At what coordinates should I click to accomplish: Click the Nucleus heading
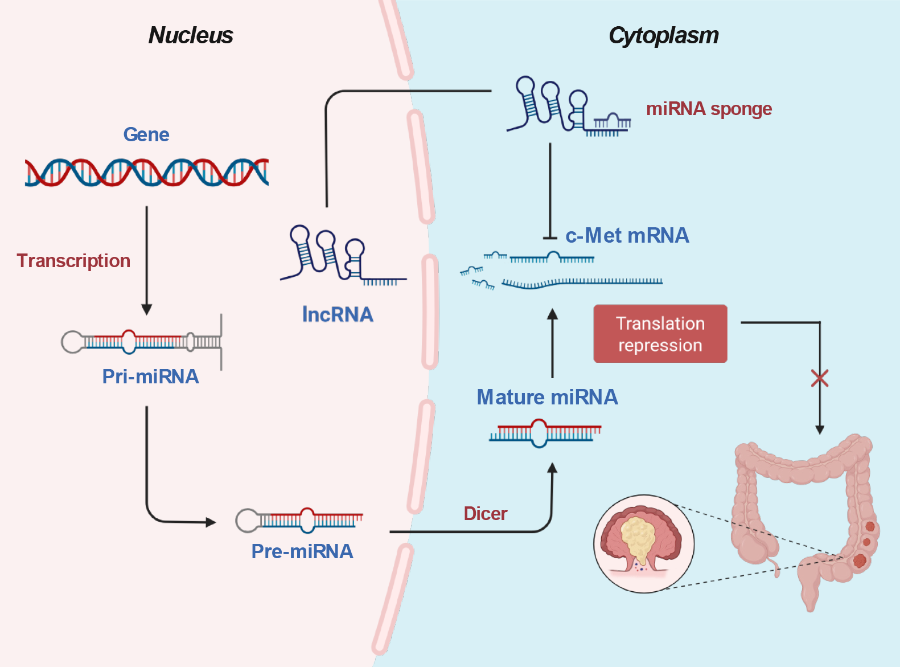tap(191, 35)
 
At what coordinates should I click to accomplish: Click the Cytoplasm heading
tap(663, 35)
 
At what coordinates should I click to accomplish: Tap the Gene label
tap(146, 134)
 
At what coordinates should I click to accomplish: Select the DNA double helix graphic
tap(146, 172)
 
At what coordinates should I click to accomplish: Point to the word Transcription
tap(73, 260)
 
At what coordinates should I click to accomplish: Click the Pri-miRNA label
tap(150, 377)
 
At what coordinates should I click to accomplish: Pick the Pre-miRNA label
tap(302, 551)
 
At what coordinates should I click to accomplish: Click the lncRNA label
tap(338, 314)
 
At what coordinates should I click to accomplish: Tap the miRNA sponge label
tap(709, 108)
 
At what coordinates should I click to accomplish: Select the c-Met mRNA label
tap(627, 235)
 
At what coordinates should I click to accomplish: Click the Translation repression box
tap(660, 334)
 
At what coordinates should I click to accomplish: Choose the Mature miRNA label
tap(547, 397)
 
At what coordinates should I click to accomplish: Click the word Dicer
tap(485, 514)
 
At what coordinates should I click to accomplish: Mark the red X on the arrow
tap(820, 378)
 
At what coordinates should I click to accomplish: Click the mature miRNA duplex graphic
tap(545, 433)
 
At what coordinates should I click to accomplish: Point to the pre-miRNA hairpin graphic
tap(299, 519)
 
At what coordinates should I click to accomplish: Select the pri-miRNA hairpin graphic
tap(141, 342)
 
